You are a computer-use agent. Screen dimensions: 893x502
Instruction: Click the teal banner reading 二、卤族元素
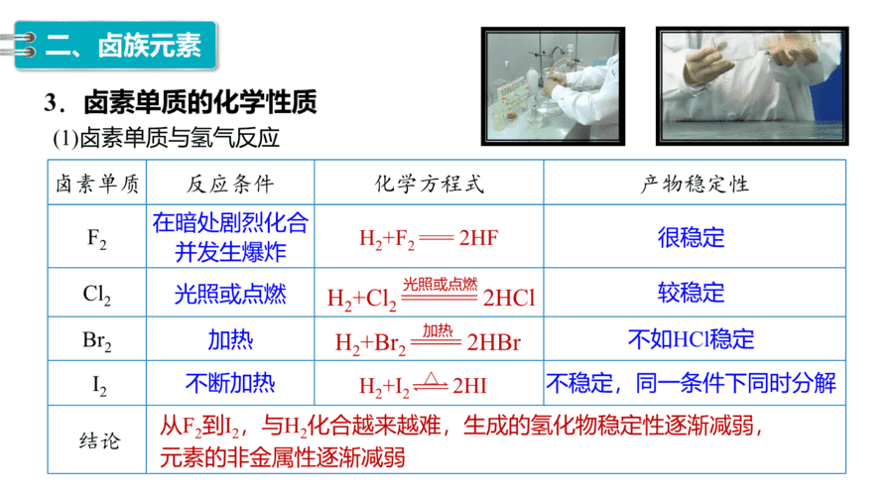click(x=116, y=46)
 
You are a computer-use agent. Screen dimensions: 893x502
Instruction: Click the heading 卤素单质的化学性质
click(x=199, y=103)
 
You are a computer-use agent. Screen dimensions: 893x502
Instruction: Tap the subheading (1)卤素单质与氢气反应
click(x=166, y=138)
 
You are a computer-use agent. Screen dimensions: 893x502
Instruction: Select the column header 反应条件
click(x=230, y=184)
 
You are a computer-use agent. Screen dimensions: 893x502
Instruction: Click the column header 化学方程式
click(x=430, y=184)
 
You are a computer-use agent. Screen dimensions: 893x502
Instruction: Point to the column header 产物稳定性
click(x=695, y=184)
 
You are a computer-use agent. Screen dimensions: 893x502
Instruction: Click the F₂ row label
click(x=97, y=238)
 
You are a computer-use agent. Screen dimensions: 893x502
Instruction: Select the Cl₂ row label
click(x=97, y=295)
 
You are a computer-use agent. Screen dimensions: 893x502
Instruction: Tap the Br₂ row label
click(x=97, y=341)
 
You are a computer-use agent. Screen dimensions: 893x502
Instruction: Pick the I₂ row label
click(x=99, y=386)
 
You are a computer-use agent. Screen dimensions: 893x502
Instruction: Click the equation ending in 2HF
click(x=429, y=238)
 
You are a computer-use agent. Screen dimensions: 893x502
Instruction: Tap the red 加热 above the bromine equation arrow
click(x=437, y=330)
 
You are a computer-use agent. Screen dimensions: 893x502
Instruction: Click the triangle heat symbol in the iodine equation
click(x=432, y=379)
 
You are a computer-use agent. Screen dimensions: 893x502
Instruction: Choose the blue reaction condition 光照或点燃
click(x=230, y=295)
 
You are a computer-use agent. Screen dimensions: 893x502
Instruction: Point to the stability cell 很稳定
click(x=691, y=237)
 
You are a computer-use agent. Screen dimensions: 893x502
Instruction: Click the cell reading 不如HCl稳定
click(x=691, y=339)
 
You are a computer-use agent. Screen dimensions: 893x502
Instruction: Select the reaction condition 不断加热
click(x=230, y=383)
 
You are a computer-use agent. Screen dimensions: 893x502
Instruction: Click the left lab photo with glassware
click(x=553, y=86)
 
